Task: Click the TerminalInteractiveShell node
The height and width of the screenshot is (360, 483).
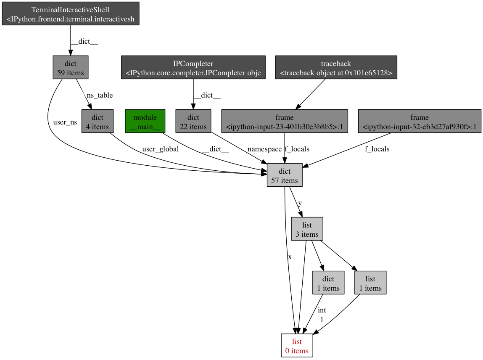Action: point(70,14)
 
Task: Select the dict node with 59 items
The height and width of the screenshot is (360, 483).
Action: point(70,68)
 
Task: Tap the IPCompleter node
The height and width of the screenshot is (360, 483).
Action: point(193,68)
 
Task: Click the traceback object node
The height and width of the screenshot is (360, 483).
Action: point(336,68)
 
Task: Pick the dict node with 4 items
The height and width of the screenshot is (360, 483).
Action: point(97,122)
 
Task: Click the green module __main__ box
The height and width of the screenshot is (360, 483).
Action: point(145,122)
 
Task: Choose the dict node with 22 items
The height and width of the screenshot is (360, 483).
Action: point(193,122)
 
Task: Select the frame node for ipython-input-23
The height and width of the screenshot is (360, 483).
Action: point(285,122)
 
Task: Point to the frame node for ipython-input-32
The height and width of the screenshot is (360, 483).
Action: point(419,122)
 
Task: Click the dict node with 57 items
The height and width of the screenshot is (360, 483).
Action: point(285,175)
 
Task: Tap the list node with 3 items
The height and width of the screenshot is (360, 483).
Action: point(307,229)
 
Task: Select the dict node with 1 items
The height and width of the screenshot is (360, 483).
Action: point(328,283)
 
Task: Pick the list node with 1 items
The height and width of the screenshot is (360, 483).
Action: point(370,283)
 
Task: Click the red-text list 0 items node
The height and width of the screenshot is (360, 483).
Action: point(297,346)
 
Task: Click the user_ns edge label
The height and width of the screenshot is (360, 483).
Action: point(65,122)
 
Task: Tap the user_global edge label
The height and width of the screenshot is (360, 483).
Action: point(160,149)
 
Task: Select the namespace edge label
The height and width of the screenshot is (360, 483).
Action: point(264,149)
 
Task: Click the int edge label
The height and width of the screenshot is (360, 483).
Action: point(322,310)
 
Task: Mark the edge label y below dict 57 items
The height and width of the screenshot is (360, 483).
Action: point(300,203)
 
